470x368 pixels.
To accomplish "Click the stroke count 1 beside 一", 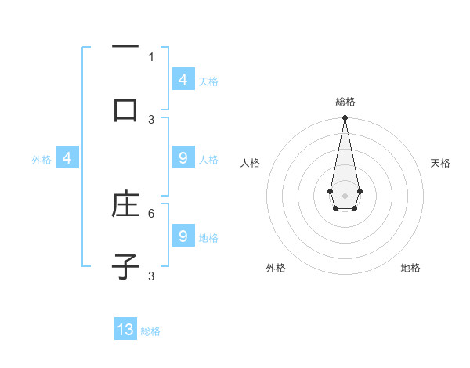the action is click(x=151, y=56).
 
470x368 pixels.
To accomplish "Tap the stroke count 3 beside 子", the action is click(x=151, y=276).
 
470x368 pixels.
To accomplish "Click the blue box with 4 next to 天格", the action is click(x=183, y=79).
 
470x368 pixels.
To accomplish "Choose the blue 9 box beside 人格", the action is click(x=183, y=158).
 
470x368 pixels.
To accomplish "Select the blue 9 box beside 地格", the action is click(x=183, y=236).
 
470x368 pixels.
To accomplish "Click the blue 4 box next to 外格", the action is click(x=67, y=158).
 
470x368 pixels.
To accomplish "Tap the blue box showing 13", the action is click(x=125, y=330).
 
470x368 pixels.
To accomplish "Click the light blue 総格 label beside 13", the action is click(x=150, y=331).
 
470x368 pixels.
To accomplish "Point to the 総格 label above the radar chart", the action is click(x=345, y=102).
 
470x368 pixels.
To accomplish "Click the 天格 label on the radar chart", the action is click(x=440, y=163).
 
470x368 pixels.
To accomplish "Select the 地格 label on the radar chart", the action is click(x=410, y=268).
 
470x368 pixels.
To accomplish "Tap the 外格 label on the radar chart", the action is click(x=276, y=268).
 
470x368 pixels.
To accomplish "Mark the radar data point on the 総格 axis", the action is click(x=345, y=118).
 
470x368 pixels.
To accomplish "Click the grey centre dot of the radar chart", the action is click(x=345, y=194).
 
